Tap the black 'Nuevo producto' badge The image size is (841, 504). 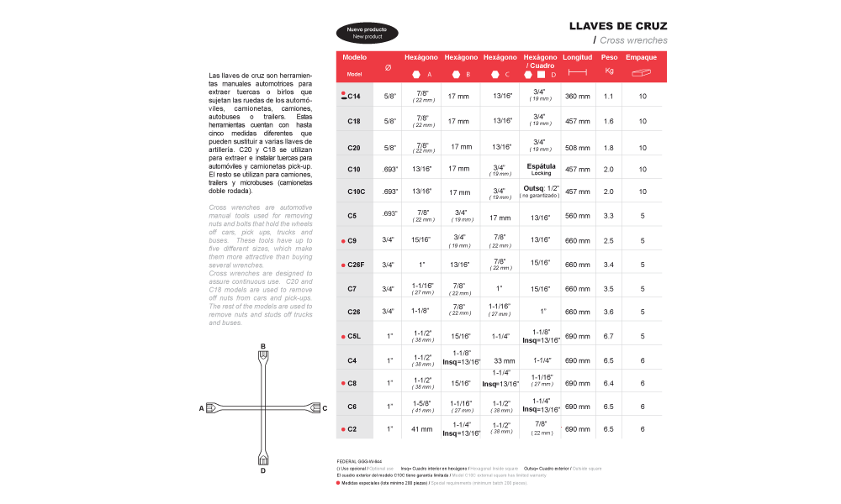coord(368,33)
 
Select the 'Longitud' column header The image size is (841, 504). coord(577,57)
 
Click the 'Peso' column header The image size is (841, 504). coord(609,57)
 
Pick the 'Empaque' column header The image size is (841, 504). coord(641,57)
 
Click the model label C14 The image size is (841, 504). coord(354,97)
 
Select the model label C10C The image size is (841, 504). coord(355,192)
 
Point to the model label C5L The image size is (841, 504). coord(354,336)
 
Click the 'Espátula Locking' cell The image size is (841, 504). coord(540,169)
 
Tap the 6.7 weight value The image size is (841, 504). coord(609,336)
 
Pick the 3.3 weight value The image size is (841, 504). coord(609,216)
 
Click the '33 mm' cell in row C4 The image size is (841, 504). coord(503,360)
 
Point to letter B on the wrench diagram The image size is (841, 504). coord(263,346)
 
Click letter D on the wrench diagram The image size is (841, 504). coord(263,470)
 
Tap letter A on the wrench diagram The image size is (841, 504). coord(202,408)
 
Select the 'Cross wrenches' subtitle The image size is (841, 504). coord(633,40)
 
